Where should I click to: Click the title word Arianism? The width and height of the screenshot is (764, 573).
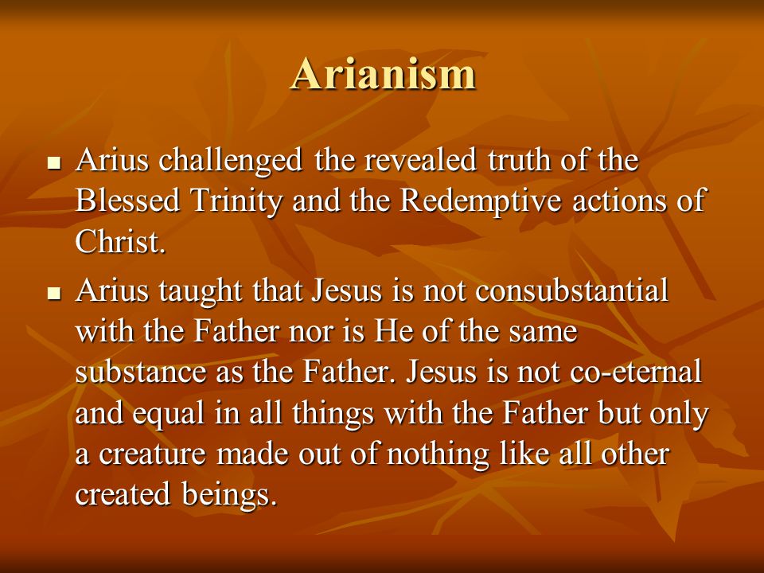(383, 73)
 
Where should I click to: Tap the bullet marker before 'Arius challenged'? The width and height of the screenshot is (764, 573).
(55, 162)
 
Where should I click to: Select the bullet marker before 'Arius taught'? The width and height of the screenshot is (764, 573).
(55, 294)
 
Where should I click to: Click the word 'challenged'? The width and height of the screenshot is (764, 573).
(231, 162)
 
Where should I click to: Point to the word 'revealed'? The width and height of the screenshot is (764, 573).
(420, 160)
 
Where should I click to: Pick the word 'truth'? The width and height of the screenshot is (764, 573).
(520, 160)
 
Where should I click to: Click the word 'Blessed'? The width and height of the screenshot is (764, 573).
(127, 201)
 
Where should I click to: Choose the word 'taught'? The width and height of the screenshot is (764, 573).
(201, 292)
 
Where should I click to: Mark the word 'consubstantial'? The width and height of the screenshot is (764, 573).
(572, 291)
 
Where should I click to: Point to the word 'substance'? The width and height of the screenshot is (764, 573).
(142, 372)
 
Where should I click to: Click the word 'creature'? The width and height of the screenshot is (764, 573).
(153, 454)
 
